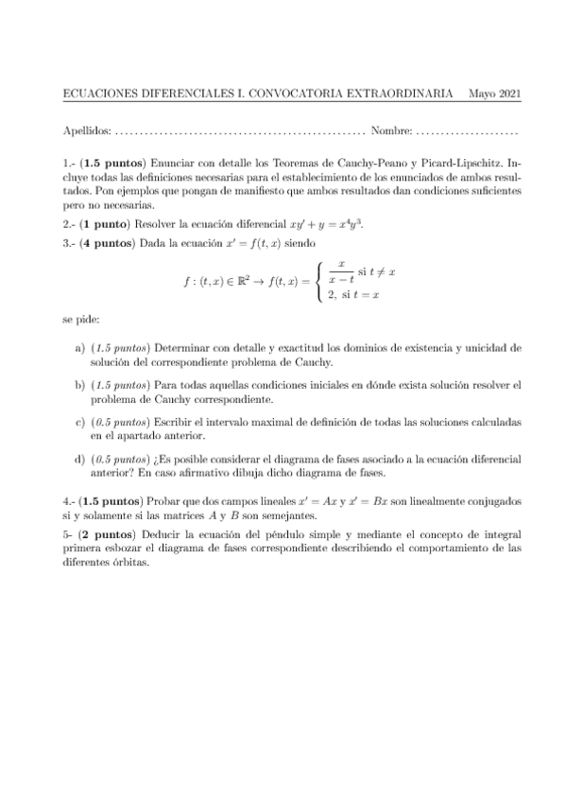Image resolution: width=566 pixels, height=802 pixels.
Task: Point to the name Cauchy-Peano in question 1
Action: pyautogui.click(x=375, y=164)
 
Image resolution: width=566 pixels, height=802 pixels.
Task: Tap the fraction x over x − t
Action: pyautogui.click(x=340, y=271)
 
